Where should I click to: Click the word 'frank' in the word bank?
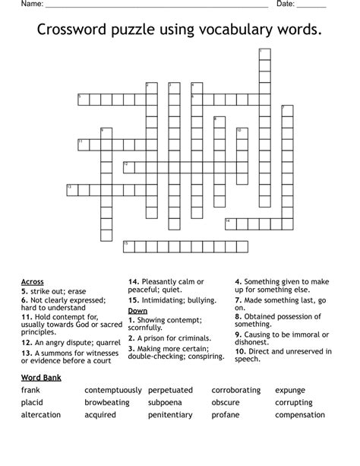(x=31, y=390)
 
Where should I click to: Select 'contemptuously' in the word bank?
(x=112, y=390)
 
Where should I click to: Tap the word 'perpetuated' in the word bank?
(x=171, y=390)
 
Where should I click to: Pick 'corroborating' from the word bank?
(x=236, y=390)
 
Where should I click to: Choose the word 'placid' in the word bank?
(x=33, y=402)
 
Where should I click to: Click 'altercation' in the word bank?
(x=41, y=415)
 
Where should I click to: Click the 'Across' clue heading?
(x=33, y=282)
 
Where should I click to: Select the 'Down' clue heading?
(x=137, y=311)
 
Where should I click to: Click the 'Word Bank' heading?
(x=41, y=377)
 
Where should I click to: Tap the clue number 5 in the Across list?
(x=24, y=291)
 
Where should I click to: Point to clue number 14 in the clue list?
(x=132, y=282)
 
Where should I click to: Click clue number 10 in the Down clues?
(x=238, y=351)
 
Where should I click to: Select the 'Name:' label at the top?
(x=32, y=4)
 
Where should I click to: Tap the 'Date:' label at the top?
(x=286, y=4)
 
